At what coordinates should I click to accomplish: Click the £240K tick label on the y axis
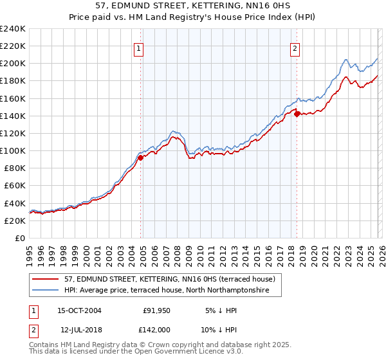pos(13,29)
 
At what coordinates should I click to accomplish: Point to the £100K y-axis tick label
pos(13,150)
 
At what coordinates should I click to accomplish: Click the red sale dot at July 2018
pos(297,114)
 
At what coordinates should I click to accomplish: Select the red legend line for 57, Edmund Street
pos(46,279)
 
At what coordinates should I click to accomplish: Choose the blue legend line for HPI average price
pos(46,291)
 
